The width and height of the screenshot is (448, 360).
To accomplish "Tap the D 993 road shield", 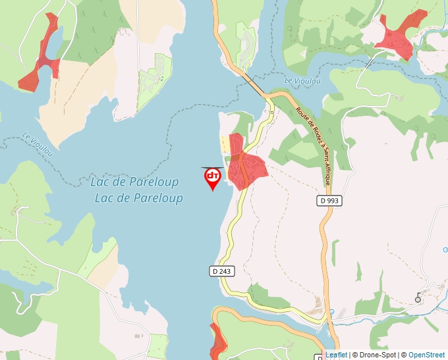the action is [x=331, y=200].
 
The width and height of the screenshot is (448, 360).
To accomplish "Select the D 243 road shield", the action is [x=223, y=270].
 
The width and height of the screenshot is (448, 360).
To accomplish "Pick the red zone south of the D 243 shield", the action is [x=217, y=341].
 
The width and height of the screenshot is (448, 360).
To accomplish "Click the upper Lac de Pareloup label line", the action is [x=133, y=181].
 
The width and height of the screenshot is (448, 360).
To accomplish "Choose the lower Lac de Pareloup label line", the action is [x=138, y=198].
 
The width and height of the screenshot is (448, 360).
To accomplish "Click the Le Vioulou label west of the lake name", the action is [x=38, y=141].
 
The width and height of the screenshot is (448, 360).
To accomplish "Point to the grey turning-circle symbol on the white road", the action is [x=418, y=299].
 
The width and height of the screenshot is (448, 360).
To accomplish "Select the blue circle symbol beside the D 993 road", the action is [x=331, y=312].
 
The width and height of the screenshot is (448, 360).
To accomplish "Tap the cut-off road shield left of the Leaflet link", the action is [x=320, y=357].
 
